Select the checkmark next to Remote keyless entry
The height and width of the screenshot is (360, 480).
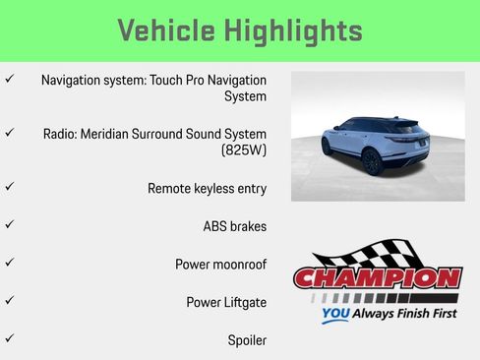(x=10, y=186)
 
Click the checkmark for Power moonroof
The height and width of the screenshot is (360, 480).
(x=10, y=264)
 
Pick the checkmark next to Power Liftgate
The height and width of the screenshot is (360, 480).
(x=10, y=302)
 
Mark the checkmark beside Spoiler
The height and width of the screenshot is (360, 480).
(x=10, y=339)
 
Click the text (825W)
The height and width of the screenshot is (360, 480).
(x=244, y=151)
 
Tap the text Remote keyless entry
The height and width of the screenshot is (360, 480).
(x=207, y=188)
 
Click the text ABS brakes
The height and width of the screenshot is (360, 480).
(x=234, y=226)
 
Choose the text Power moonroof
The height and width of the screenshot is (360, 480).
(x=220, y=265)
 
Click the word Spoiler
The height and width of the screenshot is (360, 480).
(x=247, y=340)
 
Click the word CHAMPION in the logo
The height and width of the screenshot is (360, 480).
(x=377, y=278)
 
